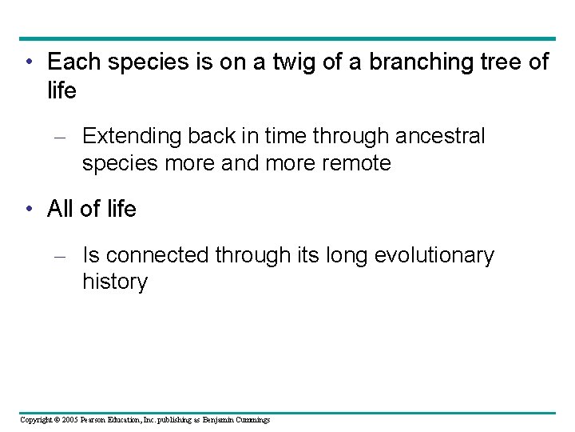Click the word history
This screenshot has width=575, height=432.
114,282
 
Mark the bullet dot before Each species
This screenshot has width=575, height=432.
28,62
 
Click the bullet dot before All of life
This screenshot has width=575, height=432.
28,210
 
